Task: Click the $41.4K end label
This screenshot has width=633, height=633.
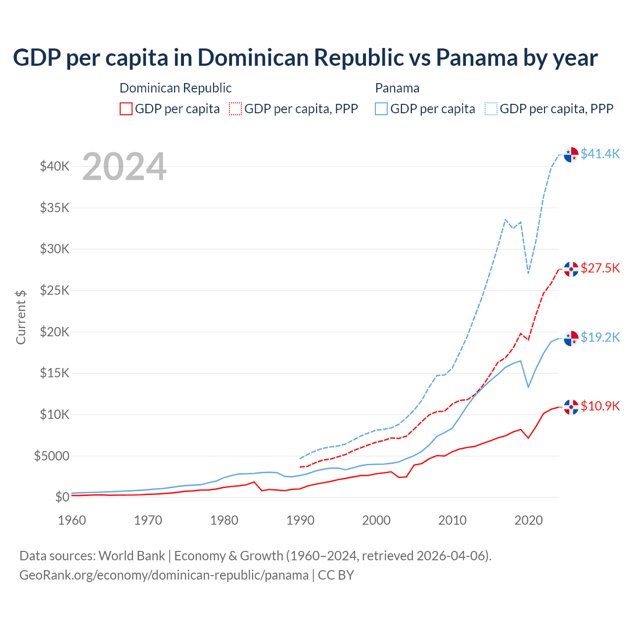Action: pos(600,154)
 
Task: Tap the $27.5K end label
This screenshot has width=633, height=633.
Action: pos(600,268)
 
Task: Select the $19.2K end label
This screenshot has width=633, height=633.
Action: pos(600,337)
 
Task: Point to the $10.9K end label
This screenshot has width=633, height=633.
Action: pos(600,406)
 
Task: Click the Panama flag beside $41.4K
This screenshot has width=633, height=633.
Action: pos(571,154)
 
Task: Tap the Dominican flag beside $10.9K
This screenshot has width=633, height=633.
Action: pos(571,407)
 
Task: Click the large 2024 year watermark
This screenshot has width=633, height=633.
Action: pos(124,167)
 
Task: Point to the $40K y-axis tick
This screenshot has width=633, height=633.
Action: pos(54,166)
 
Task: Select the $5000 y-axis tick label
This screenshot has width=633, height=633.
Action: pos(51,456)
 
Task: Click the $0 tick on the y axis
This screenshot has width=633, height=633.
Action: pos(62,497)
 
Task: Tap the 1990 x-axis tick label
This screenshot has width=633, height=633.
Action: pos(300,520)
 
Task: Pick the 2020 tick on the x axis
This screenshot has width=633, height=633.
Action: pos(529,520)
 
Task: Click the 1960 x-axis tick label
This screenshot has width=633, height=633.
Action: pos(72,520)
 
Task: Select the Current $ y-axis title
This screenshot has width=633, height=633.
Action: pos(21,317)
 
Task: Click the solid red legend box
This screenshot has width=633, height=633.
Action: pos(126,109)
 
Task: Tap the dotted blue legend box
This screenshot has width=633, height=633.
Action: pos(491,109)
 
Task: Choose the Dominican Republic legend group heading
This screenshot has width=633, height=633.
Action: pos(176,88)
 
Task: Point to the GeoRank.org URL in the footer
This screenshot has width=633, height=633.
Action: pos(164,575)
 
